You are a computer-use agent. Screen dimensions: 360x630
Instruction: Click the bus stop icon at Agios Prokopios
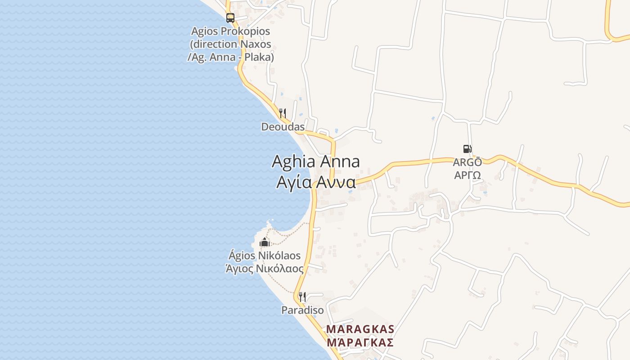[x=230, y=18]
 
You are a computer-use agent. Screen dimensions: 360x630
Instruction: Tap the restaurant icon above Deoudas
[x=283, y=113]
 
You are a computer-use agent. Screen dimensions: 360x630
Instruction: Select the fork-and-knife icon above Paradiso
[x=302, y=297]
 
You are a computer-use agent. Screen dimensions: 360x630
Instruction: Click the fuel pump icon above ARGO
[x=467, y=149]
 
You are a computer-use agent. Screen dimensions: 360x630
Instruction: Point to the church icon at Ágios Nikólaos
[x=264, y=243]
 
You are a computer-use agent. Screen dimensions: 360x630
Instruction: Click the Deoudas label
[x=283, y=127]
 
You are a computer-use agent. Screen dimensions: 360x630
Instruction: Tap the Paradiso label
[x=302, y=310]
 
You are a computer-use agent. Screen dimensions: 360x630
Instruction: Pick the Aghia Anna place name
[x=315, y=162]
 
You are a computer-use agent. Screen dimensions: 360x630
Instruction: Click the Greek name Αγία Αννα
[x=315, y=182]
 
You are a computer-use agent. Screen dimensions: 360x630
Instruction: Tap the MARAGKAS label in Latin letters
[x=360, y=329]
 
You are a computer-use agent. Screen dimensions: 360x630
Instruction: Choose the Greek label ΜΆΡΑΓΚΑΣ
[x=360, y=342]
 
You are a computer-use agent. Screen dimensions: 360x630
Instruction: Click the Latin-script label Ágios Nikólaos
[x=265, y=256]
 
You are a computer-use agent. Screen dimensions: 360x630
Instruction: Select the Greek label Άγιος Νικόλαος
[x=265, y=269]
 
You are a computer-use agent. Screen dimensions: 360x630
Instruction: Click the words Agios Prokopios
[x=230, y=31]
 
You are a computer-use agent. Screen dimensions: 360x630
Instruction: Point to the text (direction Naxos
[x=230, y=44]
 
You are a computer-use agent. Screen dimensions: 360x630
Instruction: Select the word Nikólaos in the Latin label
[x=279, y=256]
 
